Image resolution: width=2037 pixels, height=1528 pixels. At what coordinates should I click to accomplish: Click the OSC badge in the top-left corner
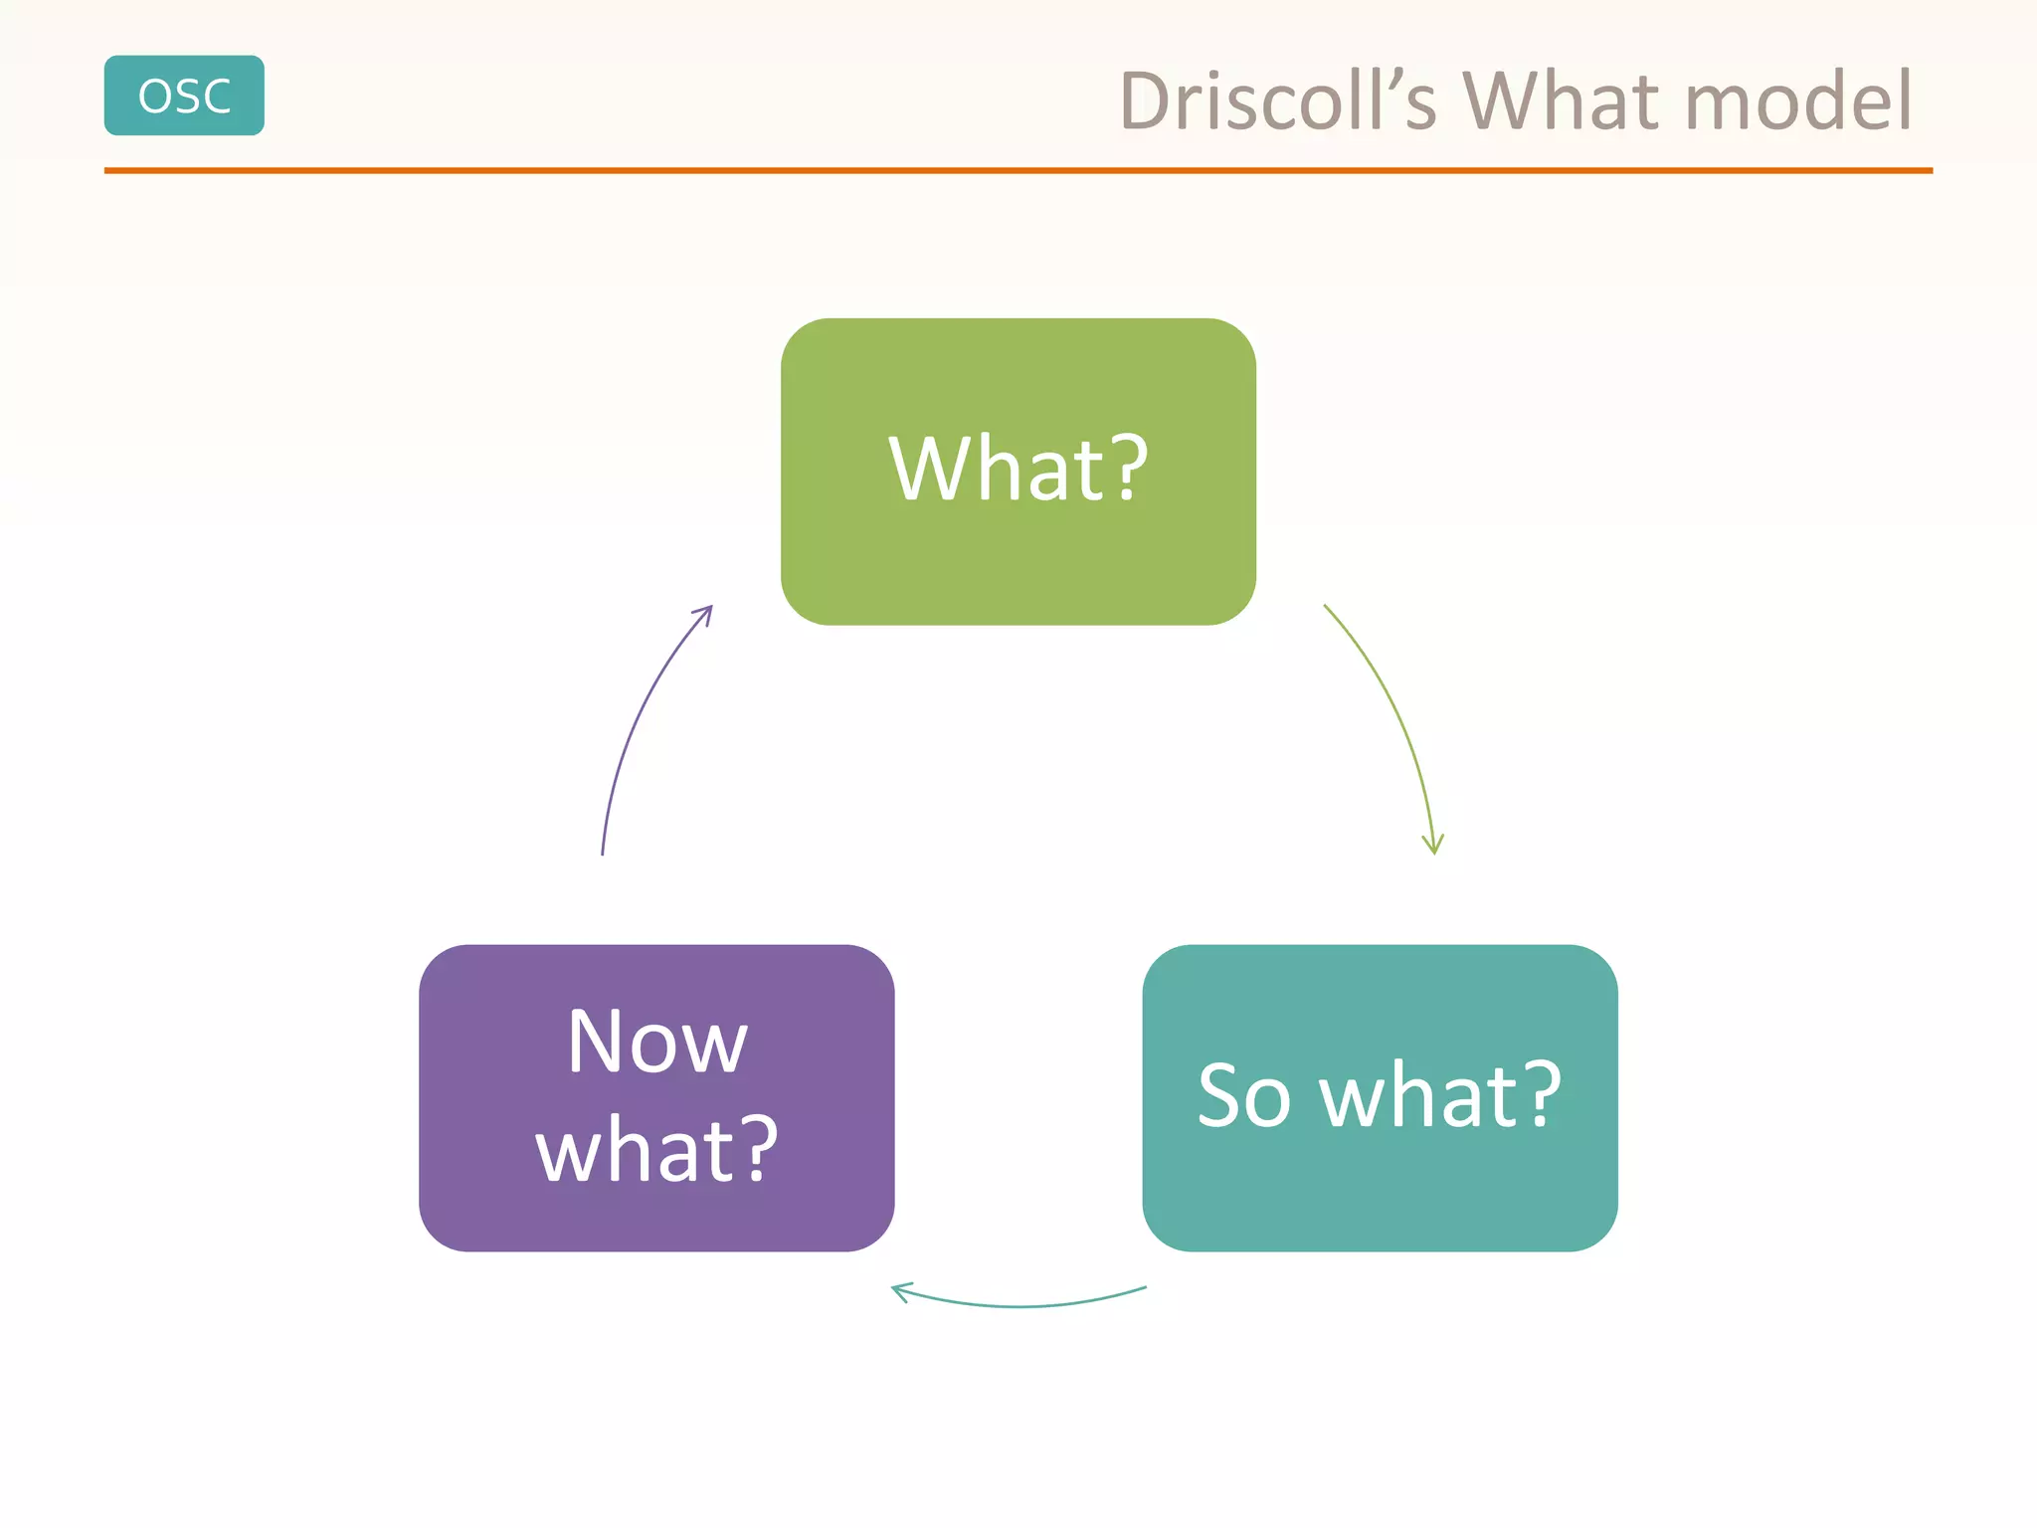point(184,95)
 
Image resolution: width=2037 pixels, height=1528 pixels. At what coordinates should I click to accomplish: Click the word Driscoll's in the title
point(1278,101)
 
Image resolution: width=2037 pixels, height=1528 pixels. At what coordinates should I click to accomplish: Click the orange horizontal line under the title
point(1018,171)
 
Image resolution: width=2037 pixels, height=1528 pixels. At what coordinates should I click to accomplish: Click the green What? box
point(1018,557)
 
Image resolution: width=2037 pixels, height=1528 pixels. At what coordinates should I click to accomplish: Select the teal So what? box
point(1380,1194)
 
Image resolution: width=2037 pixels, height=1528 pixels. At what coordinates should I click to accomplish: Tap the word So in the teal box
point(1243,1096)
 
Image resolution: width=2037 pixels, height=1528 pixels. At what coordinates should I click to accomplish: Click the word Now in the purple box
point(656,1043)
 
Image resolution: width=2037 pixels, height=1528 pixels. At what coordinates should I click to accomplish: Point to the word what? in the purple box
point(656,1150)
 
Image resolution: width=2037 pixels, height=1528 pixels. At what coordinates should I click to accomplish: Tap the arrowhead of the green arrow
point(1433,846)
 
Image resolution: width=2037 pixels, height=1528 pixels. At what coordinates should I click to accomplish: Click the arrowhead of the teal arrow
point(899,1291)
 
